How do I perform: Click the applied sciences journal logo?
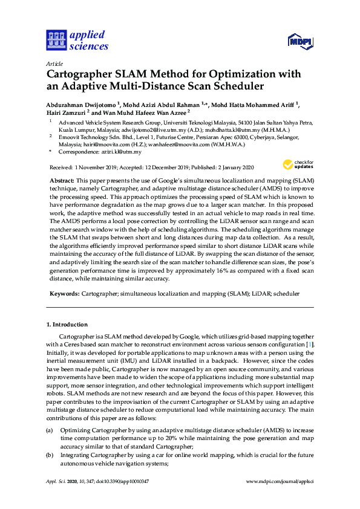pos(77,40)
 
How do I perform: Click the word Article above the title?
pos(54,63)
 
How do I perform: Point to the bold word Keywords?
pos(64,293)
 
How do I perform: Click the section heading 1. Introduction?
pos(67,325)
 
